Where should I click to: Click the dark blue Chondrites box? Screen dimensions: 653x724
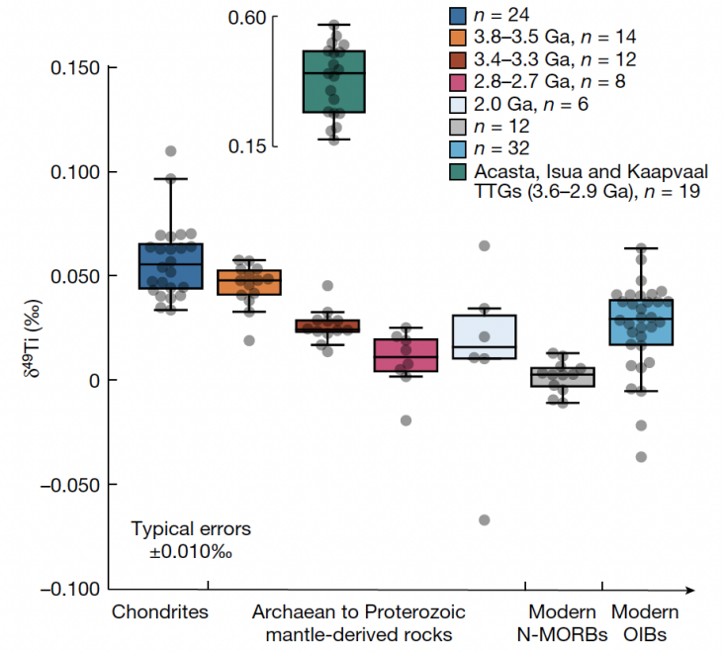(171, 265)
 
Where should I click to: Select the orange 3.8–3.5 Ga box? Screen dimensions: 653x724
(249, 282)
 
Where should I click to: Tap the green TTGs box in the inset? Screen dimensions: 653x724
(334, 81)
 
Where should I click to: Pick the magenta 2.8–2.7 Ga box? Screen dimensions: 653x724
(407, 354)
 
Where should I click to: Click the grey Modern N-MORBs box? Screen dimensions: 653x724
(562, 376)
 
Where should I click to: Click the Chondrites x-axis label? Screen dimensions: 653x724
(160, 611)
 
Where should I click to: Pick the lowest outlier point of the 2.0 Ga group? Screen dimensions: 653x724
(485, 520)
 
